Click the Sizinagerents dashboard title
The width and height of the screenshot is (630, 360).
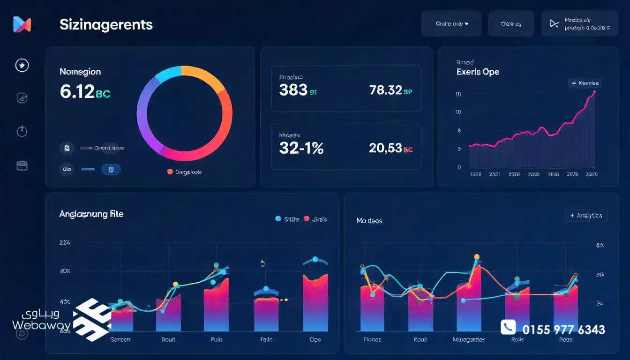pyautogui.click(x=106, y=24)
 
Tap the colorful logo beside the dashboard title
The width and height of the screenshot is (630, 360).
pyautogui.click(x=22, y=24)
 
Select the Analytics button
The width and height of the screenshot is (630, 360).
pyautogui.click(x=586, y=216)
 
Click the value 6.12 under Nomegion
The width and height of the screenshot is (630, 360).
pyautogui.click(x=77, y=91)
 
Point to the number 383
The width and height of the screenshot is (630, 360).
pyautogui.click(x=293, y=90)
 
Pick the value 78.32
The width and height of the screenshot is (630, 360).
pyautogui.click(x=385, y=90)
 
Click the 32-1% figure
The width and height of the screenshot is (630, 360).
pyautogui.click(x=301, y=148)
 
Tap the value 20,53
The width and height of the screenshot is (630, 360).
pyautogui.click(x=385, y=148)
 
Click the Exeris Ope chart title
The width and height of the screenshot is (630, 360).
pyautogui.click(x=478, y=72)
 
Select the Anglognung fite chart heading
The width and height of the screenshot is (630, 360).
pyautogui.click(x=91, y=214)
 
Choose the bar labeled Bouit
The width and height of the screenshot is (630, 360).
pyautogui.click(x=168, y=313)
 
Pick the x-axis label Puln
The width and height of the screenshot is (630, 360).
pyautogui.click(x=216, y=339)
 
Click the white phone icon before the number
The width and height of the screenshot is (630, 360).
pyautogui.click(x=508, y=327)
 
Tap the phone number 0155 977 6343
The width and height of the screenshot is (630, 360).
pyautogui.click(x=563, y=330)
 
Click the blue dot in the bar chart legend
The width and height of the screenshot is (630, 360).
pyautogui.click(x=278, y=218)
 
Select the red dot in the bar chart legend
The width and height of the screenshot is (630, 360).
pyautogui.click(x=307, y=218)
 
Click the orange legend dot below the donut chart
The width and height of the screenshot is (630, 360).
pyautogui.click(x=170, y=172)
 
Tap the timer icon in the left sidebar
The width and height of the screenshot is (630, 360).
pyautogui.click(x=22, y=131)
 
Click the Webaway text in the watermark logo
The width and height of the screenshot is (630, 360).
pyautogui.click(x=41, y=325)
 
